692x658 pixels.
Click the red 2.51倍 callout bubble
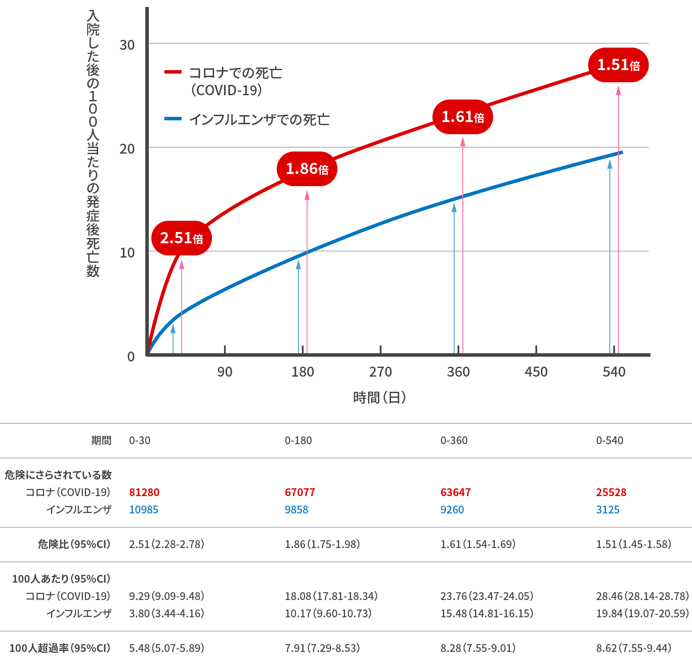coord(181,238)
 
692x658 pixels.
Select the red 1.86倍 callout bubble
coord(307,169)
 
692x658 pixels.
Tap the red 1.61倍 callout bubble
coord(462,117)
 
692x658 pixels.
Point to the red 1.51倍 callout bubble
coord(618,65)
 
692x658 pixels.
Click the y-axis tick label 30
coord(127,45)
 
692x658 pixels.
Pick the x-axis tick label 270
coord(380,372)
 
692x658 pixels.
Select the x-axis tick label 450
coord(536,372)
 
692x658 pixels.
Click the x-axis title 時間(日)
coord(379,397)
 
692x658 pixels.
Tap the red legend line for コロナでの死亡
coord(173,72)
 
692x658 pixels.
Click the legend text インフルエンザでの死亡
coord(259,119)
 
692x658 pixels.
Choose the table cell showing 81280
coord(144,492)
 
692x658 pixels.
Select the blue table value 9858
coord(296,510)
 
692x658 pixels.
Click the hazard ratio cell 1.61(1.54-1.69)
coord(477,544)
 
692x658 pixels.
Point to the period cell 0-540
coord(609,440)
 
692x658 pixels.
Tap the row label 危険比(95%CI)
coord(74,544)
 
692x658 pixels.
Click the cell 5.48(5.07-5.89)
coord(166,648)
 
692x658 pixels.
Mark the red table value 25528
coord(611,492)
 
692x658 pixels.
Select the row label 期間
coord(101,440)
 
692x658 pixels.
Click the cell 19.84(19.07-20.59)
coord(642,613)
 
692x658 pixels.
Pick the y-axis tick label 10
coord(127,252)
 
